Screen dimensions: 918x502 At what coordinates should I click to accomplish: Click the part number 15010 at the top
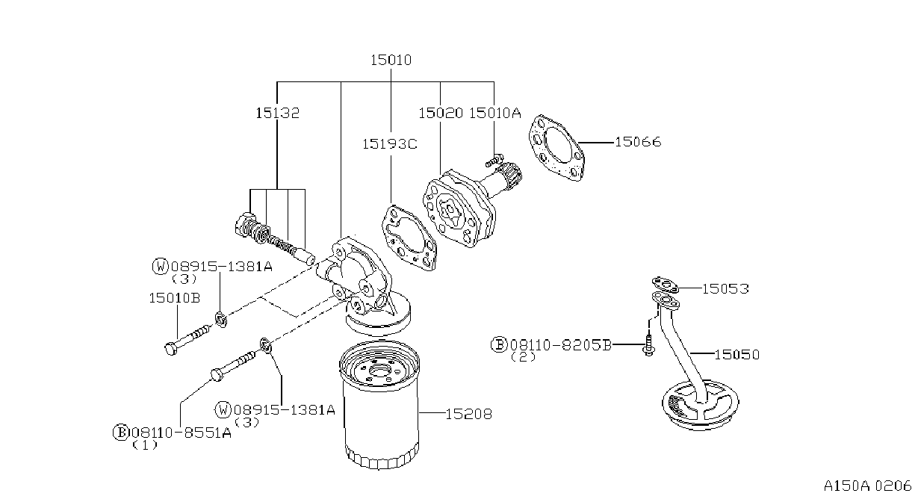pos(391,61)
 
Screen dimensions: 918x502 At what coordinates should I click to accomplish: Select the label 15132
pos(277,113)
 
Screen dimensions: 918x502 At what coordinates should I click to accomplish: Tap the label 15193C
pos(389,144)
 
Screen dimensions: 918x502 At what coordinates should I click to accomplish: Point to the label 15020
pos(441,113)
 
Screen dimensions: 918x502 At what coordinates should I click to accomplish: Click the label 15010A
pos(495,113)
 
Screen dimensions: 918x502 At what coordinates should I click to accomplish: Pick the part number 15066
pos(638,142)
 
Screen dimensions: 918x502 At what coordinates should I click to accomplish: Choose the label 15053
pos(725,289)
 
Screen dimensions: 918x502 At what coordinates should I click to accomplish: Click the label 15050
pos(736,355)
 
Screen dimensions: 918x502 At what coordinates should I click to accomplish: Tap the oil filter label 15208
pos(468,414)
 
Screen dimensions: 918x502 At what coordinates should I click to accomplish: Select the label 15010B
pos(174,298)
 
